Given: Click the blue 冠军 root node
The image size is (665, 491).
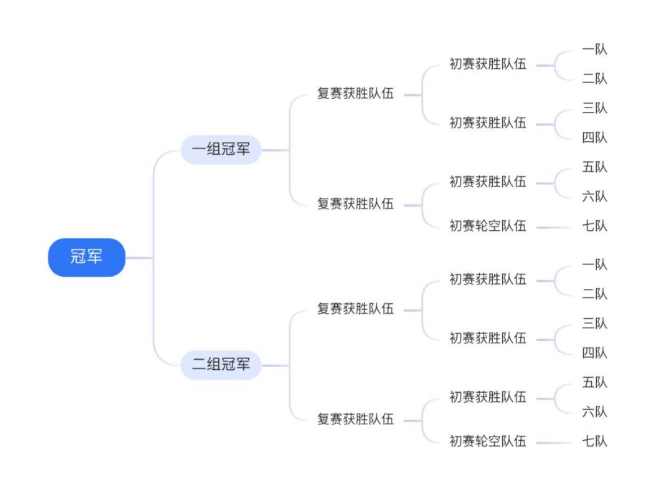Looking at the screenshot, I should coord(86,257).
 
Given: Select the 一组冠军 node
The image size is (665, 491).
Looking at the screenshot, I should coord(220,150).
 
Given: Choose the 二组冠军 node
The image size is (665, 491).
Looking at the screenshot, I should coord(220,365).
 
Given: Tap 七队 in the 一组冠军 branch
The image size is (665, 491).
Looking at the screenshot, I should coord(595,226).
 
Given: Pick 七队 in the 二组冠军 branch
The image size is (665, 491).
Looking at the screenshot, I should coord(595,441).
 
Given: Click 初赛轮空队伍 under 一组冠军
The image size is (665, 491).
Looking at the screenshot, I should coord(488,226).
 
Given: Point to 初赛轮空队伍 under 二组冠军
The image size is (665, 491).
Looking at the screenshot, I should coord(488,441).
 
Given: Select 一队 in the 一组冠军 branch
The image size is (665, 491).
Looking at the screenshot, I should coord(595,49).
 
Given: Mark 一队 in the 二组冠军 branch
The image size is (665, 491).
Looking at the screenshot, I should coord(595,264).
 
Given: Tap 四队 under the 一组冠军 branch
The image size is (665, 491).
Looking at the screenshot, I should coord(595,138).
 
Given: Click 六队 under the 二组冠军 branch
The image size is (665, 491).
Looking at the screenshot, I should coord(595,411).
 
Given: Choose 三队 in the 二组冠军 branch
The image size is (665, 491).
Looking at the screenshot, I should coord(595,323).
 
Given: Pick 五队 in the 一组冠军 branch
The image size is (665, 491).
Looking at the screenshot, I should coord(595,167).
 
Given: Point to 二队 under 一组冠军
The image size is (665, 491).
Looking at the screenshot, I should coord(595,79).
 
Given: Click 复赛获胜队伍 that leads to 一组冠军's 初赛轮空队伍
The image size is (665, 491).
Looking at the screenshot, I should coord(356,204).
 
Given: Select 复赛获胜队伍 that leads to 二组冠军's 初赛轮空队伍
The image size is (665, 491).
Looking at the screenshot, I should coord(356,419).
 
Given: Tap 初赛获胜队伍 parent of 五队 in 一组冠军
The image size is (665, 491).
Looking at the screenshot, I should coord(488,181).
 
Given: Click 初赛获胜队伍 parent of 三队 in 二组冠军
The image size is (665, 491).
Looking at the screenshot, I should coord(488,338).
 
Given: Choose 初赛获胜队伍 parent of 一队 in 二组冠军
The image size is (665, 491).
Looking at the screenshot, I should coord(488,279).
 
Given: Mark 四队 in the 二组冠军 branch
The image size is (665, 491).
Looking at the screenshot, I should coord(595,353).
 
